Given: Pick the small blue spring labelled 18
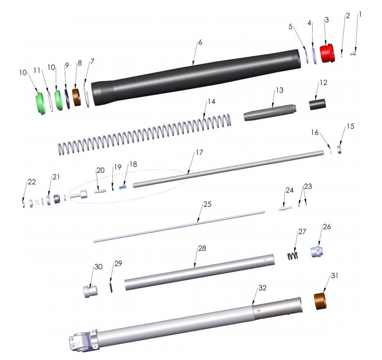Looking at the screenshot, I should (x=122, y=187).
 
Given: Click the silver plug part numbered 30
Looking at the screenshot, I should (x=90, y=291).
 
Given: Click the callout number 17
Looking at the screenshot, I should (x=199, y=153).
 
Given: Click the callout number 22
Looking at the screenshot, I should (x=31, y=182).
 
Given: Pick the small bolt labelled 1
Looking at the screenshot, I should (x=354, y=52).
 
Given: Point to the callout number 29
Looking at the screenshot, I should (x=118, y=263).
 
